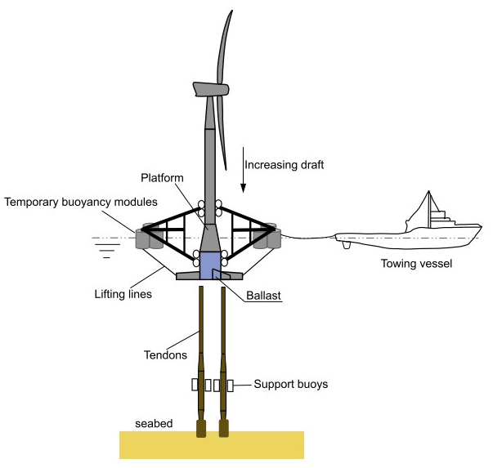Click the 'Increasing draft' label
[x=285, y=165]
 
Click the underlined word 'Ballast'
[x=263, y=297]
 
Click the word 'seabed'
[x=155, y=423]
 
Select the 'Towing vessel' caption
[x=416, y=263]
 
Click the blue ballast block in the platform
[x=211, y=264]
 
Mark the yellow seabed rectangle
[x=212, y=445]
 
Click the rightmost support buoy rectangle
[x=231, y=384]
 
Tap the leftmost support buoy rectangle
[x=195, y=384]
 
